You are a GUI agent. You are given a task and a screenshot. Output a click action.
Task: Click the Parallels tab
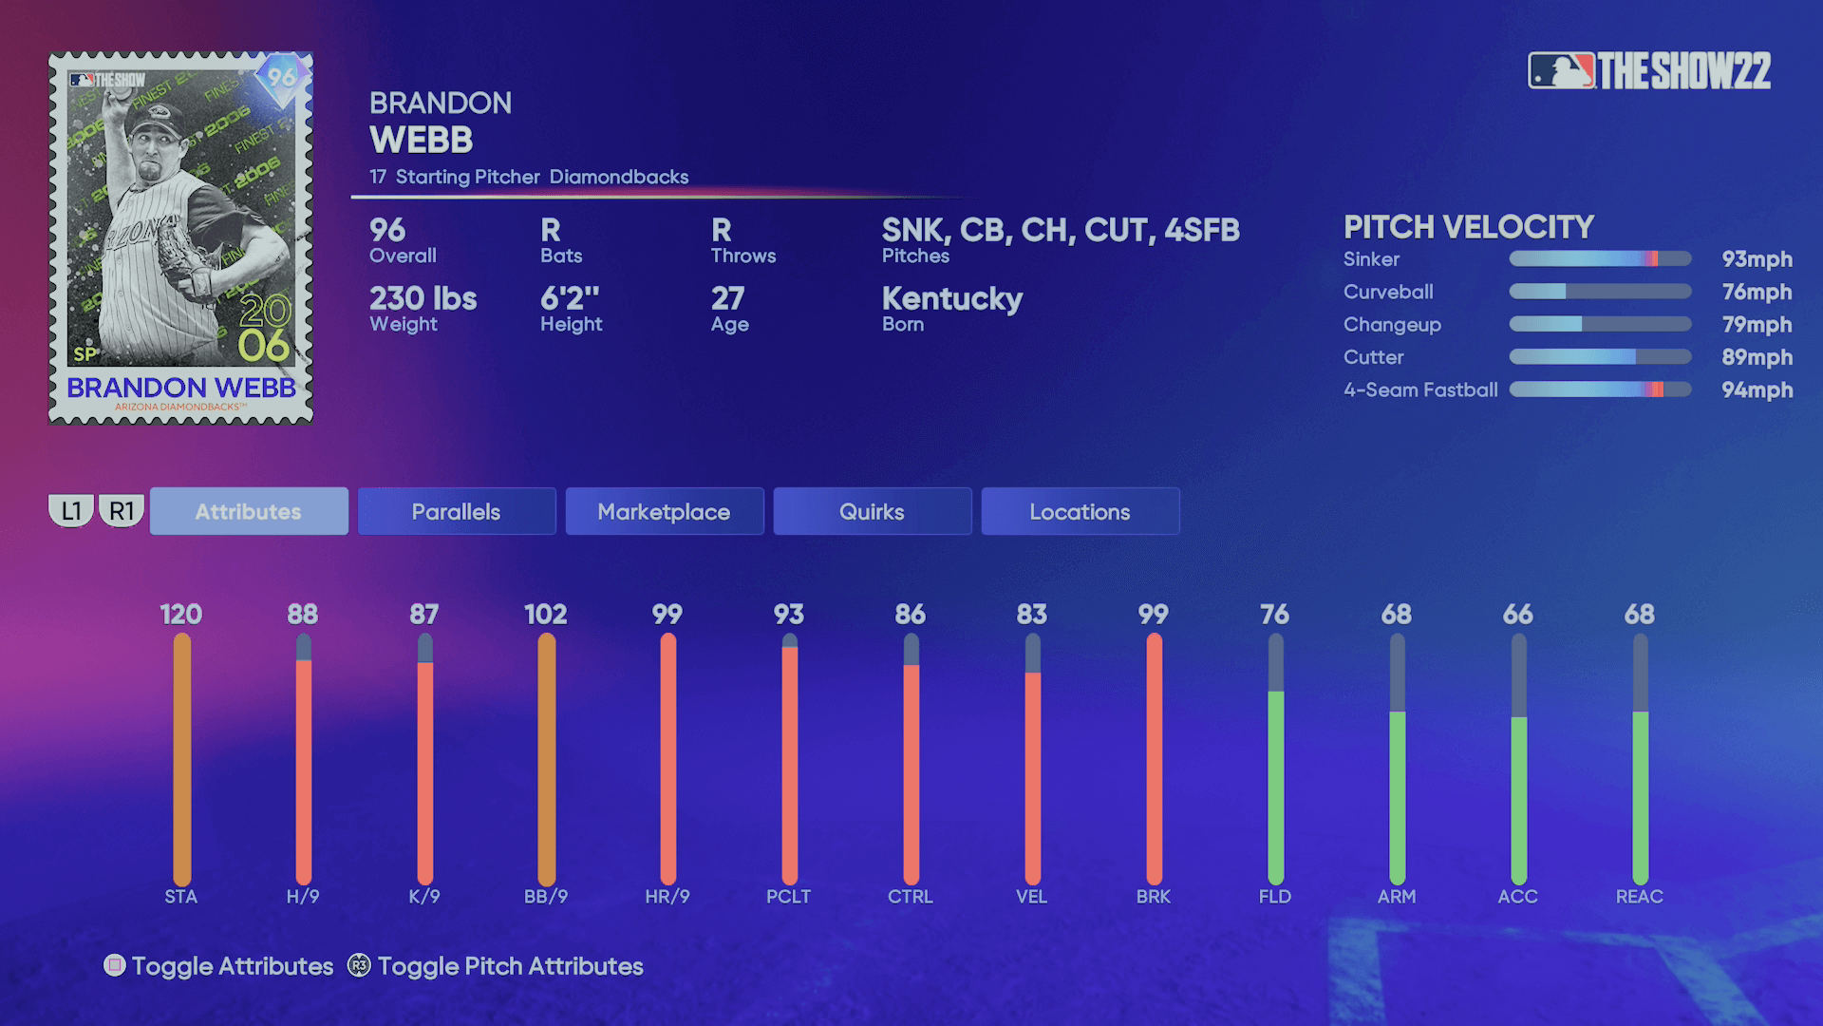(x=456, y=511)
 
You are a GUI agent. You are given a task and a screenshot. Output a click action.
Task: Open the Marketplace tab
(x=664, y=511)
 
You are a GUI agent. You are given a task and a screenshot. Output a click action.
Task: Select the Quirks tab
(x=872, y=511)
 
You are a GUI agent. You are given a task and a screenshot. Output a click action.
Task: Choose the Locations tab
(x=1080, y=511)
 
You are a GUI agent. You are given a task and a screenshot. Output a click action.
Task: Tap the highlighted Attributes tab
(x=248, y=511)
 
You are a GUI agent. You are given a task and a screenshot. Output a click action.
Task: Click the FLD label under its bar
(x=1274, y=896)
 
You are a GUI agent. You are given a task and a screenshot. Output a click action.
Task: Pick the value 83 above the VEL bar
(x=1031, y=615)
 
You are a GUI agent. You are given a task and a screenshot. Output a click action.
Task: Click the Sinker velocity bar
(x=1600, y=258)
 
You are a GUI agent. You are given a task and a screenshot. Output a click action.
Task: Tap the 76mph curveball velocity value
(x=1757, y=292)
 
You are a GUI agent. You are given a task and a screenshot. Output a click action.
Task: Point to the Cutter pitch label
(x=1373, y=357)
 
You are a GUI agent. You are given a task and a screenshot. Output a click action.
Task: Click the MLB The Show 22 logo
(x=1649, y=70)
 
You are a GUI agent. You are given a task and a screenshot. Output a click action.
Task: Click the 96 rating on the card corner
(x=281, y=76)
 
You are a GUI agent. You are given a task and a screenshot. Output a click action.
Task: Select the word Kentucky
(x=951, y=298)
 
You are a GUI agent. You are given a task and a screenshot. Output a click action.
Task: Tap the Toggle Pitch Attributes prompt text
(x=510, y=966)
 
